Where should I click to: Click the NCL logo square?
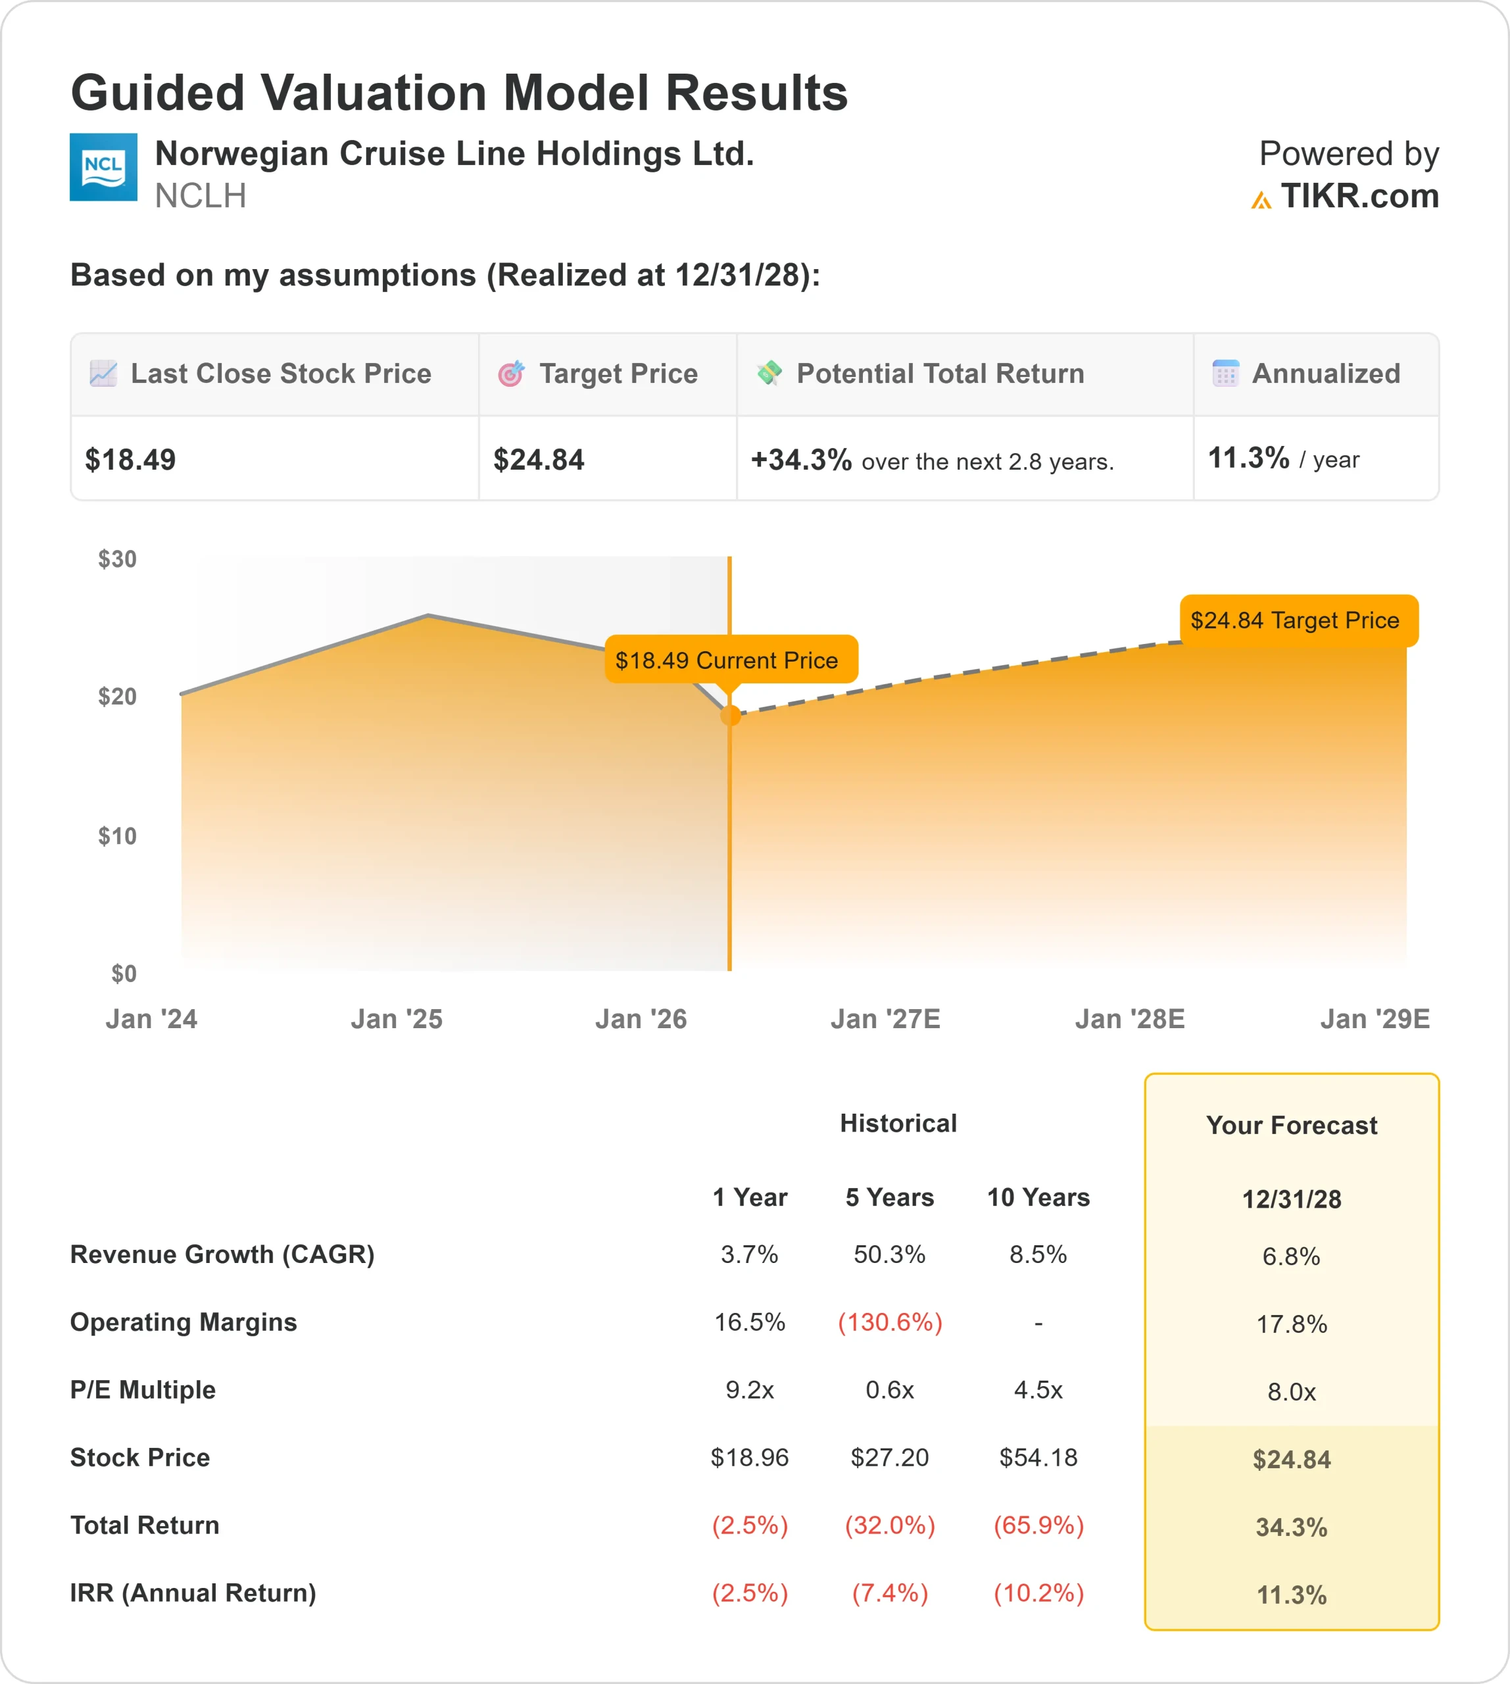coord(103,167)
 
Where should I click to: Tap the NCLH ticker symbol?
coord(200,196)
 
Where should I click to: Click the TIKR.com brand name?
coord(1359,196)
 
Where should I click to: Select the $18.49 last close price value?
coord(130,459)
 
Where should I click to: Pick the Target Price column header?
coord(618,374)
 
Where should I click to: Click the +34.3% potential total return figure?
coord(800,459)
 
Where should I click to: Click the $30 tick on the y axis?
coord(117,558)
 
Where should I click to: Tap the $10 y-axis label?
coord(117,836)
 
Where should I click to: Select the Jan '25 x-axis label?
coord(396,1018)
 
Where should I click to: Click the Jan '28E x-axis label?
coord(1129,1018)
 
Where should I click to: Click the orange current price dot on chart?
coord(730,716)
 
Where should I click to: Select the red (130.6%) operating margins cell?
coord(889,1322)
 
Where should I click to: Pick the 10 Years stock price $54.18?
coord(1038,1458)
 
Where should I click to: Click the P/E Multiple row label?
coord(143,1389)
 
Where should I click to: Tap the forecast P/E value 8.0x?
coord(1291,1392)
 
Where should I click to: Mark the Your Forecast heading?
coord(1291,1126)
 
